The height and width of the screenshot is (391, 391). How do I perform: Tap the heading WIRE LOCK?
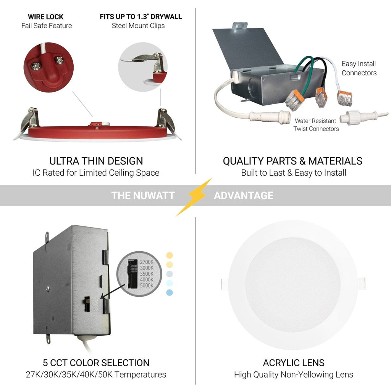[46, 17]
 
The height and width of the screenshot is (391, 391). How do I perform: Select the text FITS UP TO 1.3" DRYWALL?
[141, 17]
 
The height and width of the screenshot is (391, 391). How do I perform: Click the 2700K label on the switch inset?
[146, 262]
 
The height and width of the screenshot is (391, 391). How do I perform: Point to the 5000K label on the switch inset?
[146, 285]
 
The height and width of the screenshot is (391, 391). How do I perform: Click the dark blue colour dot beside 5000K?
[170, 292]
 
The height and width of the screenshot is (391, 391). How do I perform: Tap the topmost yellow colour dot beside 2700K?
[170, 255]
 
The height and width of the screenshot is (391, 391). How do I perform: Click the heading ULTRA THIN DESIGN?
[96, 161]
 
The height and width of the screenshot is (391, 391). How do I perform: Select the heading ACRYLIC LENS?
[293, 363]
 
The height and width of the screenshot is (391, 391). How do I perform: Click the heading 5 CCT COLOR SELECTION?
[96, 363]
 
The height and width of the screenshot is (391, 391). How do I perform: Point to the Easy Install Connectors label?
[359, 68]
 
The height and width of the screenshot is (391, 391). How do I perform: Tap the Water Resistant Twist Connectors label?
[316, 125]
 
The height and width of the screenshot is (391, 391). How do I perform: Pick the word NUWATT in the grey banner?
[153, 195]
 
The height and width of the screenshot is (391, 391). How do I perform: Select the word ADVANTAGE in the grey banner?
[243, 195]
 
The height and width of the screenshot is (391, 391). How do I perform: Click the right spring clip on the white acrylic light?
[361, 284]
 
